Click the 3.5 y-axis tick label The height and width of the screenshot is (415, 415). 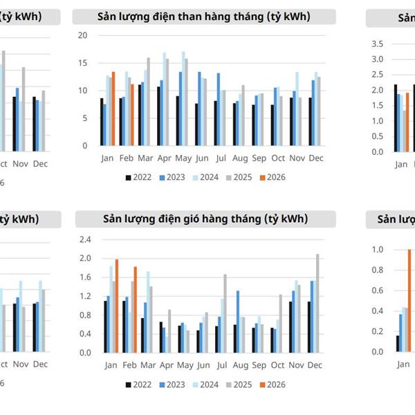click(378, 44)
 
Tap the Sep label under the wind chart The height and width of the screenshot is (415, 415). click(258, 364)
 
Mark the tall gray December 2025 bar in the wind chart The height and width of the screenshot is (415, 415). click(317, 303)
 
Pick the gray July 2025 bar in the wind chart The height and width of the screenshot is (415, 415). click(225, 313)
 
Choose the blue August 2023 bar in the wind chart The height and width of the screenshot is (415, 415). click(238, 321)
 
